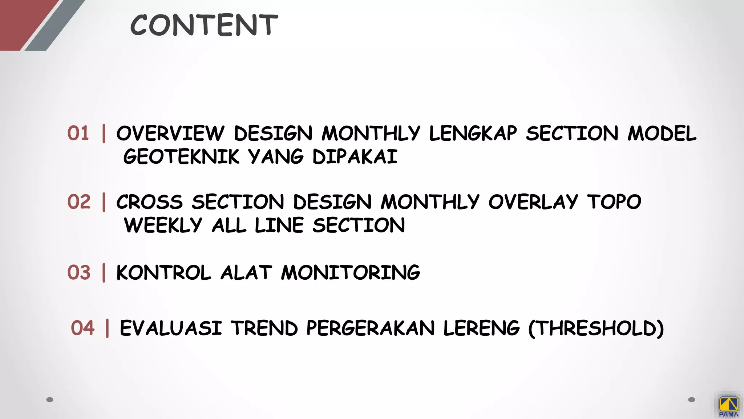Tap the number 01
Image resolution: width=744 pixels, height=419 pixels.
coord(78,133)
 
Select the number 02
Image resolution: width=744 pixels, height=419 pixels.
coord(79,201)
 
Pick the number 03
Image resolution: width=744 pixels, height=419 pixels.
coord(79,272)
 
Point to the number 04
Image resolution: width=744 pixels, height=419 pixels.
coord(82,328)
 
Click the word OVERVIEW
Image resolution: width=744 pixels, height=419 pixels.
coord(170,133)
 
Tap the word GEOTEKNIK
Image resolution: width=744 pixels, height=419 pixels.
coord(181,157)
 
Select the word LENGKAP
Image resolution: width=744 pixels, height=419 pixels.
coord(473,133)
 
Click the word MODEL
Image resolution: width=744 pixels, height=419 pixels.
coord(662,133)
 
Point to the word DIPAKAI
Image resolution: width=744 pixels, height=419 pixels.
coord(355,157)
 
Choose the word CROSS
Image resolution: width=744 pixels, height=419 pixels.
coord(149,202)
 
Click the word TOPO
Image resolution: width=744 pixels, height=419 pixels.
coord(614,202)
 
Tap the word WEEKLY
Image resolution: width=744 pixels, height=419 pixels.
coord(163,225)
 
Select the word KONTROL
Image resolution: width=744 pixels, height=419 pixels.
coord(163,273)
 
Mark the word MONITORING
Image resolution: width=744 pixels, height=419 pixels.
coord(351,273)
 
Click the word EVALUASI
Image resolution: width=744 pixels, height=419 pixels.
coord(171,328)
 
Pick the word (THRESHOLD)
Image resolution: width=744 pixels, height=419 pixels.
coord(596,328)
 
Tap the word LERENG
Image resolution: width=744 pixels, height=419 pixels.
coord(481,328)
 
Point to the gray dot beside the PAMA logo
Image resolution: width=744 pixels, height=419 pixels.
coord(692,400)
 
